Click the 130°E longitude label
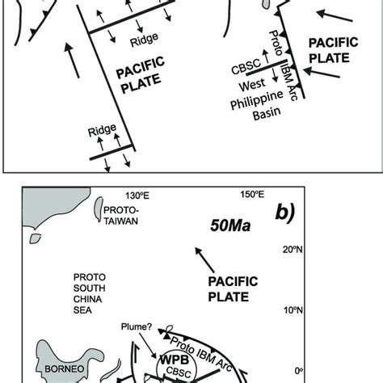click(137, 196)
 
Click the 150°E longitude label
click(252, 194)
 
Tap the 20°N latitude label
click(293, 250)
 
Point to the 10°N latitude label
click(293, 310)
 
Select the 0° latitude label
click(299, 371)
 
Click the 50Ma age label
click(230, 225)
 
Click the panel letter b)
click(285, 213)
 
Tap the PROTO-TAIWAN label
click(121, 216)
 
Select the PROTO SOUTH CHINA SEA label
click(89, 293)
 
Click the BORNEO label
click(65, 368)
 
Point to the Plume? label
click(137, 326)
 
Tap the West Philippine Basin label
click(256, 100)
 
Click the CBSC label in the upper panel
click(246, 67)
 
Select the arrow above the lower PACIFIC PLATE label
click(204, 260)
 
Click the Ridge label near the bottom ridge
click(102, 130)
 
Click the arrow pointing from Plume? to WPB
click(148, 346)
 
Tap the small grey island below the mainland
click(35, 238)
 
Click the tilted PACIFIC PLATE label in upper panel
click(140, 74)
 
